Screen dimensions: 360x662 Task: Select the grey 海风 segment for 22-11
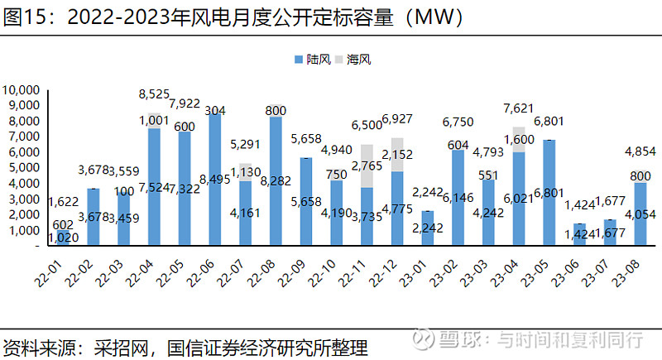click(367, 166)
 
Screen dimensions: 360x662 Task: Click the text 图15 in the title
click(22, 17)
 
